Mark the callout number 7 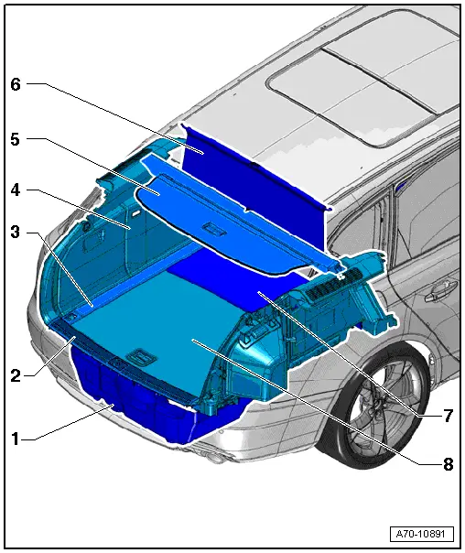point(448,416)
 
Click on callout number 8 point(448,464)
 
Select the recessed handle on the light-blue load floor point(142,352)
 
